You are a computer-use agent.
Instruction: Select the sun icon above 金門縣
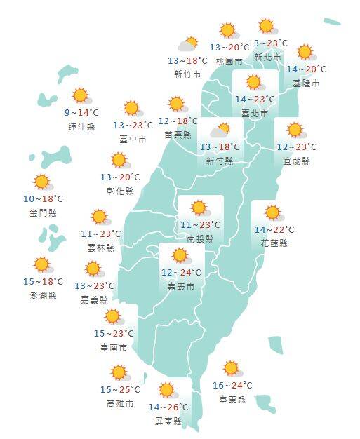43,182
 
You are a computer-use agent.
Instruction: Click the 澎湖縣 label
43,295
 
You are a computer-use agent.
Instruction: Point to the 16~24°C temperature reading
232,385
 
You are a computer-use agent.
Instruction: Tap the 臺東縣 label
232,399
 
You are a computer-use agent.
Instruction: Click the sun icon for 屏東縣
167,390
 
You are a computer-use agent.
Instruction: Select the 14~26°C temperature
168,407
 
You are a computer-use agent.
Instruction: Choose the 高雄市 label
119,403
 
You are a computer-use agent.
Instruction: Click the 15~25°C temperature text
119,389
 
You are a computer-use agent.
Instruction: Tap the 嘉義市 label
181,286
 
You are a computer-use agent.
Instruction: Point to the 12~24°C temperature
181,272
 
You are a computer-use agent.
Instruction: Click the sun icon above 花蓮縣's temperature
271,212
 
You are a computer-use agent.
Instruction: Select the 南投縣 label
200,238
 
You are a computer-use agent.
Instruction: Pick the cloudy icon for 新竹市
187,45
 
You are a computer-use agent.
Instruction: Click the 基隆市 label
306,83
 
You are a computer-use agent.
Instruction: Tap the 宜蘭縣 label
295,161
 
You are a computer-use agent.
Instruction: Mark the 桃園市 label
229,61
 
